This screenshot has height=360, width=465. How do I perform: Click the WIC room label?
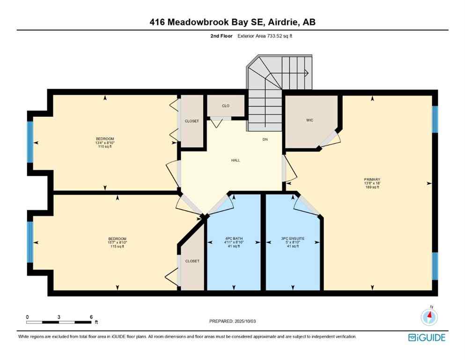pos(310,120)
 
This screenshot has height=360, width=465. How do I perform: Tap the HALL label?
pos(236,160)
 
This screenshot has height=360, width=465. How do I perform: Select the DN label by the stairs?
pos(265,140)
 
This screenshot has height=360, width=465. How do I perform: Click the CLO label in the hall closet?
pos(226,106)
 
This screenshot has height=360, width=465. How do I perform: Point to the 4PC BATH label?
pos(233,239)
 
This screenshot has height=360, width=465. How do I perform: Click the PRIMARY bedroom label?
pos(372,179)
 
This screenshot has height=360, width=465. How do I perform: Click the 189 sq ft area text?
pos(372,187)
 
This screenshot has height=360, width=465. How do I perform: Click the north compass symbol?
pos(429,317)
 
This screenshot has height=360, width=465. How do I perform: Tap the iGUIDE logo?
pos(427,337)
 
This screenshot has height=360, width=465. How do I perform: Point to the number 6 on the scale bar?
pos(91,317)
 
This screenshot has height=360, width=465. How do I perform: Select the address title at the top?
pos(232,22)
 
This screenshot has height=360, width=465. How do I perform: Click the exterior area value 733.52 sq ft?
pos(273,36)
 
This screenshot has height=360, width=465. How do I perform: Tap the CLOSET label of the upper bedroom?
pos(192,121)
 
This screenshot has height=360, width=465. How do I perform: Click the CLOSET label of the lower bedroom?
pos(192,261)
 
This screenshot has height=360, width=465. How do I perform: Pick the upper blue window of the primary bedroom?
pos(435,120)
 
